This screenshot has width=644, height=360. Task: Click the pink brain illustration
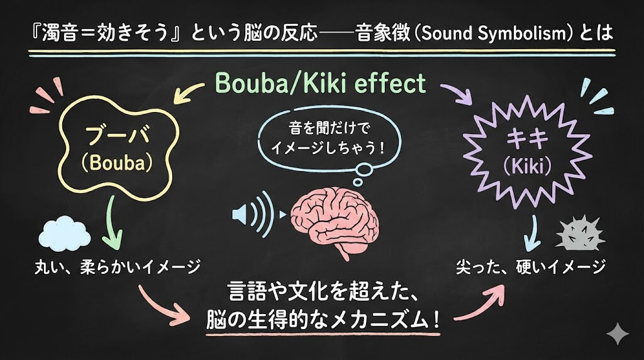(x=335, y=222)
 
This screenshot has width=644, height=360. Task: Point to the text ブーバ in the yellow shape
(x=117, y=135)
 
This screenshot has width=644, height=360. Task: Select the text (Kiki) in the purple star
(x=528, y=166)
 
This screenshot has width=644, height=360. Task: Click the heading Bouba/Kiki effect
(x=320, y=83)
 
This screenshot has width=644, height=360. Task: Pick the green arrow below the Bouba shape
(x=112, y=222)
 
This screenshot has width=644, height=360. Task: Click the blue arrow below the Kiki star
(x=533, y=233)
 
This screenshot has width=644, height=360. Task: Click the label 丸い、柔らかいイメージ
(x=118, y=267)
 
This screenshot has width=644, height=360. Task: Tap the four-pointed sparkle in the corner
(x=618, y=334)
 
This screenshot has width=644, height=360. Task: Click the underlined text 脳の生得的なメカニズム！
(x=323, y=319)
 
